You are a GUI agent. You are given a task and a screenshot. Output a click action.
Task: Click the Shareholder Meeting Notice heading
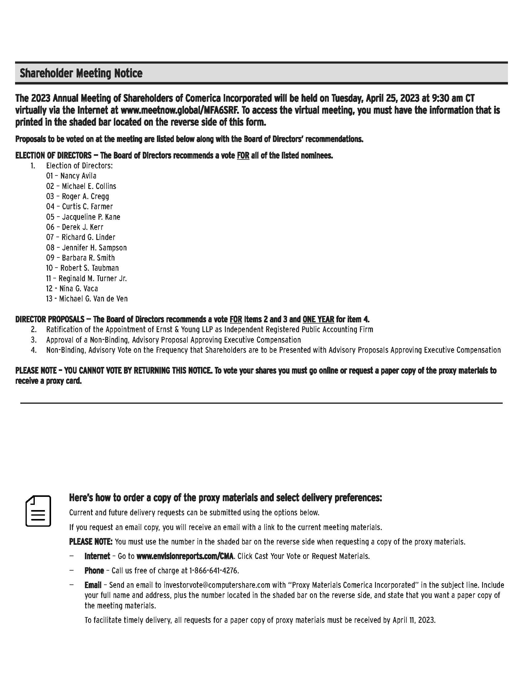[81, 73]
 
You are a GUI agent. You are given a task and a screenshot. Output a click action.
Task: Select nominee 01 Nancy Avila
[71, 176]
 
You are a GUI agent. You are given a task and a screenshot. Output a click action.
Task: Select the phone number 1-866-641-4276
[214, 571]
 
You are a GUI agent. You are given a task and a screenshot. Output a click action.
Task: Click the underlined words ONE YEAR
[318, 319]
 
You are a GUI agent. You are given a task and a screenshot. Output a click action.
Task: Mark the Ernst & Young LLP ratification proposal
[210, 329]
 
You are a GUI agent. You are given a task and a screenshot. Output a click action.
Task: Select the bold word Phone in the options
[94, 571]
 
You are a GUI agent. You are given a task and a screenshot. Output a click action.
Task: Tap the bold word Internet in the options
[97, 556]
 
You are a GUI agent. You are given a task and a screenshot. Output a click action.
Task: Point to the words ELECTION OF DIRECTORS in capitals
[53, 155]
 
